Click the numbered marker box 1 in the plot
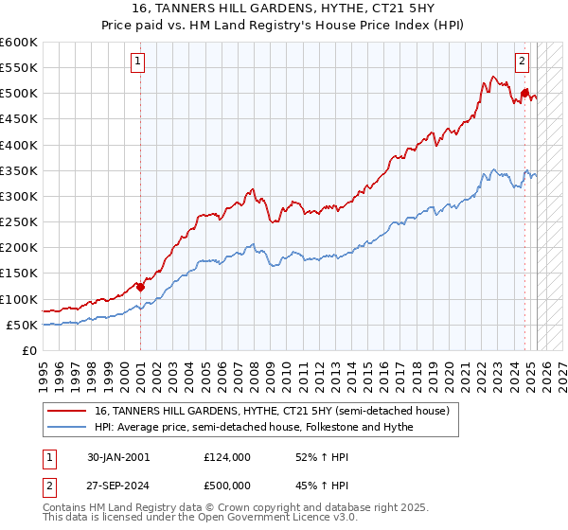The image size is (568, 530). click(138, 62)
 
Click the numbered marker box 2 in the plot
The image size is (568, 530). click(522, 62)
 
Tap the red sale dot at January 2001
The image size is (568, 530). click(140, 287)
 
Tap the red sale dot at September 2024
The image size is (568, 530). click(524, 93)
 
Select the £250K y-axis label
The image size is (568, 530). click(19, 221)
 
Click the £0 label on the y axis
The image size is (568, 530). click(30, 350)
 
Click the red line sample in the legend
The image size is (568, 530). click(68, 410)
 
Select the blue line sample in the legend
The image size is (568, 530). click(68, 427)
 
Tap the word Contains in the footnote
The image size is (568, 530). click(66, 509)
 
